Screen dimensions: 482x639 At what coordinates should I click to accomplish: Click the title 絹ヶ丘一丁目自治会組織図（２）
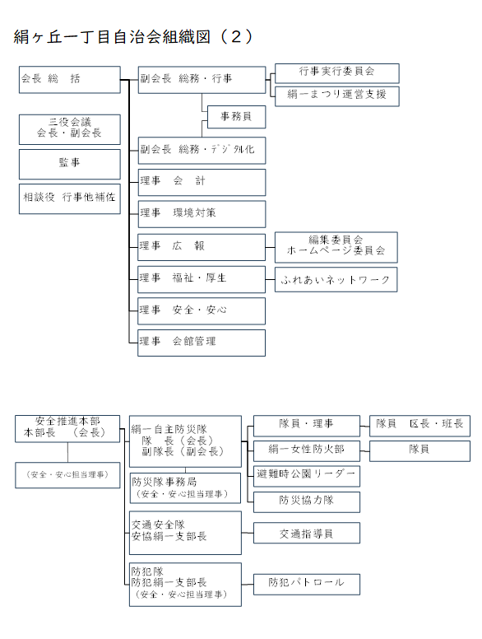[133, 37]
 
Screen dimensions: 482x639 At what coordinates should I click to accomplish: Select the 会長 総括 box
[70, 80]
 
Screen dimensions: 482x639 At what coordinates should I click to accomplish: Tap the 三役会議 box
[70, 129]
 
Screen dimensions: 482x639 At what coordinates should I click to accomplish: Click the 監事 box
[70, 164]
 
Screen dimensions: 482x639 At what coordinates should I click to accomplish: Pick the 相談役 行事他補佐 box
[70, 199]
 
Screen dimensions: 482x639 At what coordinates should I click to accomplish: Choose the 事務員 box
[237, 117]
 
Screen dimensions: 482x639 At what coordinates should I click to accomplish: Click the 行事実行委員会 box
[337, 73]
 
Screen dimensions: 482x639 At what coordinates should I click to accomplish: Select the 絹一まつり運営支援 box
[337, 96]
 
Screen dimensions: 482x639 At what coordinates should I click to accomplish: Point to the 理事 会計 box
[202, 183]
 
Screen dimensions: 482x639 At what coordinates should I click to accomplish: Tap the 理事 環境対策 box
[202, 214]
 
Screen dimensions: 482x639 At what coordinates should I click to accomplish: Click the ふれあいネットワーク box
[336, 280]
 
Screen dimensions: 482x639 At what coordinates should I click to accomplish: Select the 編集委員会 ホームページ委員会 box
[336, 247]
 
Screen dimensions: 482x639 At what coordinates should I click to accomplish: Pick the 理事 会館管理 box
[202, 343]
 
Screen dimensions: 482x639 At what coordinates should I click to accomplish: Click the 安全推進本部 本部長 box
[67, 429]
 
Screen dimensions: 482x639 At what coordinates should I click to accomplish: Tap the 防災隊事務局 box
[185, 487]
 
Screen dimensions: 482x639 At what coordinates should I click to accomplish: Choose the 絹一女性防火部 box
[307, 451]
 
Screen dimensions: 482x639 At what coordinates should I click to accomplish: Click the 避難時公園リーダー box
[307, 477]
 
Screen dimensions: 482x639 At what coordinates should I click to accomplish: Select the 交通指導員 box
[307, 533]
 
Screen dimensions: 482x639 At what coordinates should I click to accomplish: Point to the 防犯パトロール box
[307, 585]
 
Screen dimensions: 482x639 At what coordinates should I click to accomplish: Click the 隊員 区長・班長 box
[419, 426]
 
